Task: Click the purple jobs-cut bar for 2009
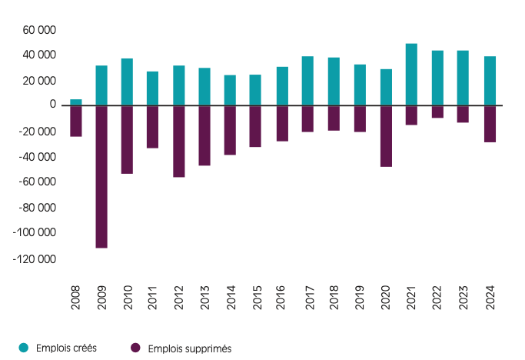point(101,176)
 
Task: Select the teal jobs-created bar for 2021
point(411,74)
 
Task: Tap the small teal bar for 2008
point(76,102)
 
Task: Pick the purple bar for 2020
point(386,136)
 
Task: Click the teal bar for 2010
point(128,82)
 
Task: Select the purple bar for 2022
point(437,112)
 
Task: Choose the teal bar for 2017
point(308,80)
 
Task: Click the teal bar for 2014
point(231,89)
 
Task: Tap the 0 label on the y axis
point(52,105)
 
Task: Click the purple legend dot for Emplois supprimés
point(136,348)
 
